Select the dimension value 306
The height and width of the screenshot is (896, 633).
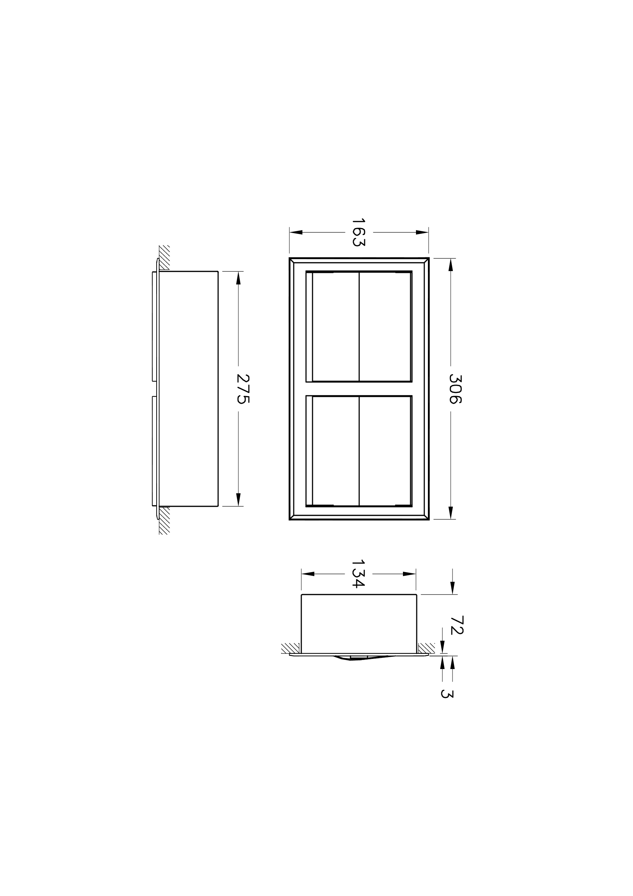coord(455,389)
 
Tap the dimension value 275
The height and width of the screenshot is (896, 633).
coord(243,389)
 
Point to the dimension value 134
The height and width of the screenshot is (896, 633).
coord(358,574)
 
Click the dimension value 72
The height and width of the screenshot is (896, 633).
coord(456,625)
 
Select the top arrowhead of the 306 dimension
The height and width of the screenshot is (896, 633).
coord(451,265)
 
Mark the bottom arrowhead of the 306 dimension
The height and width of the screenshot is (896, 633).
coord(451,513)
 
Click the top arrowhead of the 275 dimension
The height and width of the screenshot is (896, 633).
coord(238,278)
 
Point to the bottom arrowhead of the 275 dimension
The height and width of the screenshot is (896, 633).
coord(238,500)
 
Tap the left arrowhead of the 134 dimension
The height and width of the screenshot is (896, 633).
coord(308,574)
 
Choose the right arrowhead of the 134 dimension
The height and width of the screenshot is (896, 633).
coord(409,574)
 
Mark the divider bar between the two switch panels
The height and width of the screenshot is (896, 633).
coord(359,389)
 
